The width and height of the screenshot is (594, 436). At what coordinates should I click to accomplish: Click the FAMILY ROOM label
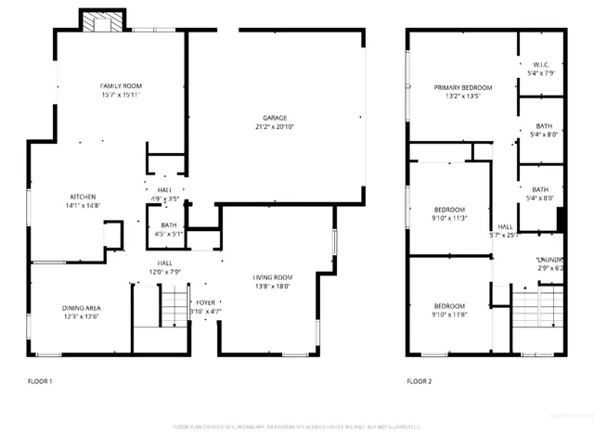(x=122, y=86)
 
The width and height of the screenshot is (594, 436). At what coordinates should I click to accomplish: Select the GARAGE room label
(x=274, y=118)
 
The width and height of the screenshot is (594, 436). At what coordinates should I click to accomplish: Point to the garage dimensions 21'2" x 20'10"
(x=274, y=127)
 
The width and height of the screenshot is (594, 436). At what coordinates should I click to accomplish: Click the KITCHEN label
(x=84, y=196)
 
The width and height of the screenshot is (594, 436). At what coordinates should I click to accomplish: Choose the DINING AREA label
(x=81, y=308)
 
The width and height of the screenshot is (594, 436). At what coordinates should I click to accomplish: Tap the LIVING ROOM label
(x=273, y=277)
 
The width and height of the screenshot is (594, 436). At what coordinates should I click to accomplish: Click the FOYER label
(x=205, y=302)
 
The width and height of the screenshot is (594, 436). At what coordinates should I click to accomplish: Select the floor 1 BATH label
(x=168, y=224)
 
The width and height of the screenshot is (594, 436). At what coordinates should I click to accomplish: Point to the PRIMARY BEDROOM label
(x=463, y=87)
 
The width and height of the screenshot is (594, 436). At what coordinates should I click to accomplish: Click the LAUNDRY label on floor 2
(x=549, y=259)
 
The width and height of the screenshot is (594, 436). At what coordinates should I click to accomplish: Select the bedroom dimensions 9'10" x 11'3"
(x=449, y=219)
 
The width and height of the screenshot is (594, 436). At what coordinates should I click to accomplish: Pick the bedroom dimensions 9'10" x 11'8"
(x=449, y=315)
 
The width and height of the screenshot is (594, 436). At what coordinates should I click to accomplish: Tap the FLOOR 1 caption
(x=38, y=381)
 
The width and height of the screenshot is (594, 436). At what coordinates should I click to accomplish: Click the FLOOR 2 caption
(x=419, y=381)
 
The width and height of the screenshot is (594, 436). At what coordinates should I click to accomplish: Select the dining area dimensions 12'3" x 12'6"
(x=81, y=317)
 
